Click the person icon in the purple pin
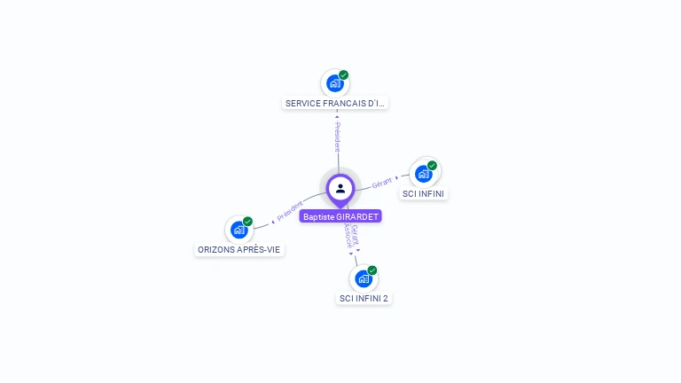click(x=340, y=188)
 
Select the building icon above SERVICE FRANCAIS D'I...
click(x=334, y=83)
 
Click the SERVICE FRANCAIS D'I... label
click(x=335, y=103)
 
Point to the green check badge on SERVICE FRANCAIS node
click(x=344, y=75)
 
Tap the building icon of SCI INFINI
click(x=424, y=174)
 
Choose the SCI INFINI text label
click(x=424, y=193)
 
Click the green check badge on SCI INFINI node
click(x=433, y=166)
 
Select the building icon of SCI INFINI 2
click(x=364, y=278)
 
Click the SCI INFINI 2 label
click(x=364, y=298)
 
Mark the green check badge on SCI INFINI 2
click(x=372, y=270)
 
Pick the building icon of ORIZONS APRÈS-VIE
click(x=239, y=230)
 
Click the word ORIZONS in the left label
click(x=215, y=249)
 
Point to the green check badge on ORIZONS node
click(x=247, y=222)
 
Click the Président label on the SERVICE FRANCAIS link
click(x=337, y=137)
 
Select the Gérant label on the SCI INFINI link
click(x=382, y=183)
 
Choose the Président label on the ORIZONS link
click(x=290, y=210)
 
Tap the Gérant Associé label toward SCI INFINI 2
click(x=352, y=235)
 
